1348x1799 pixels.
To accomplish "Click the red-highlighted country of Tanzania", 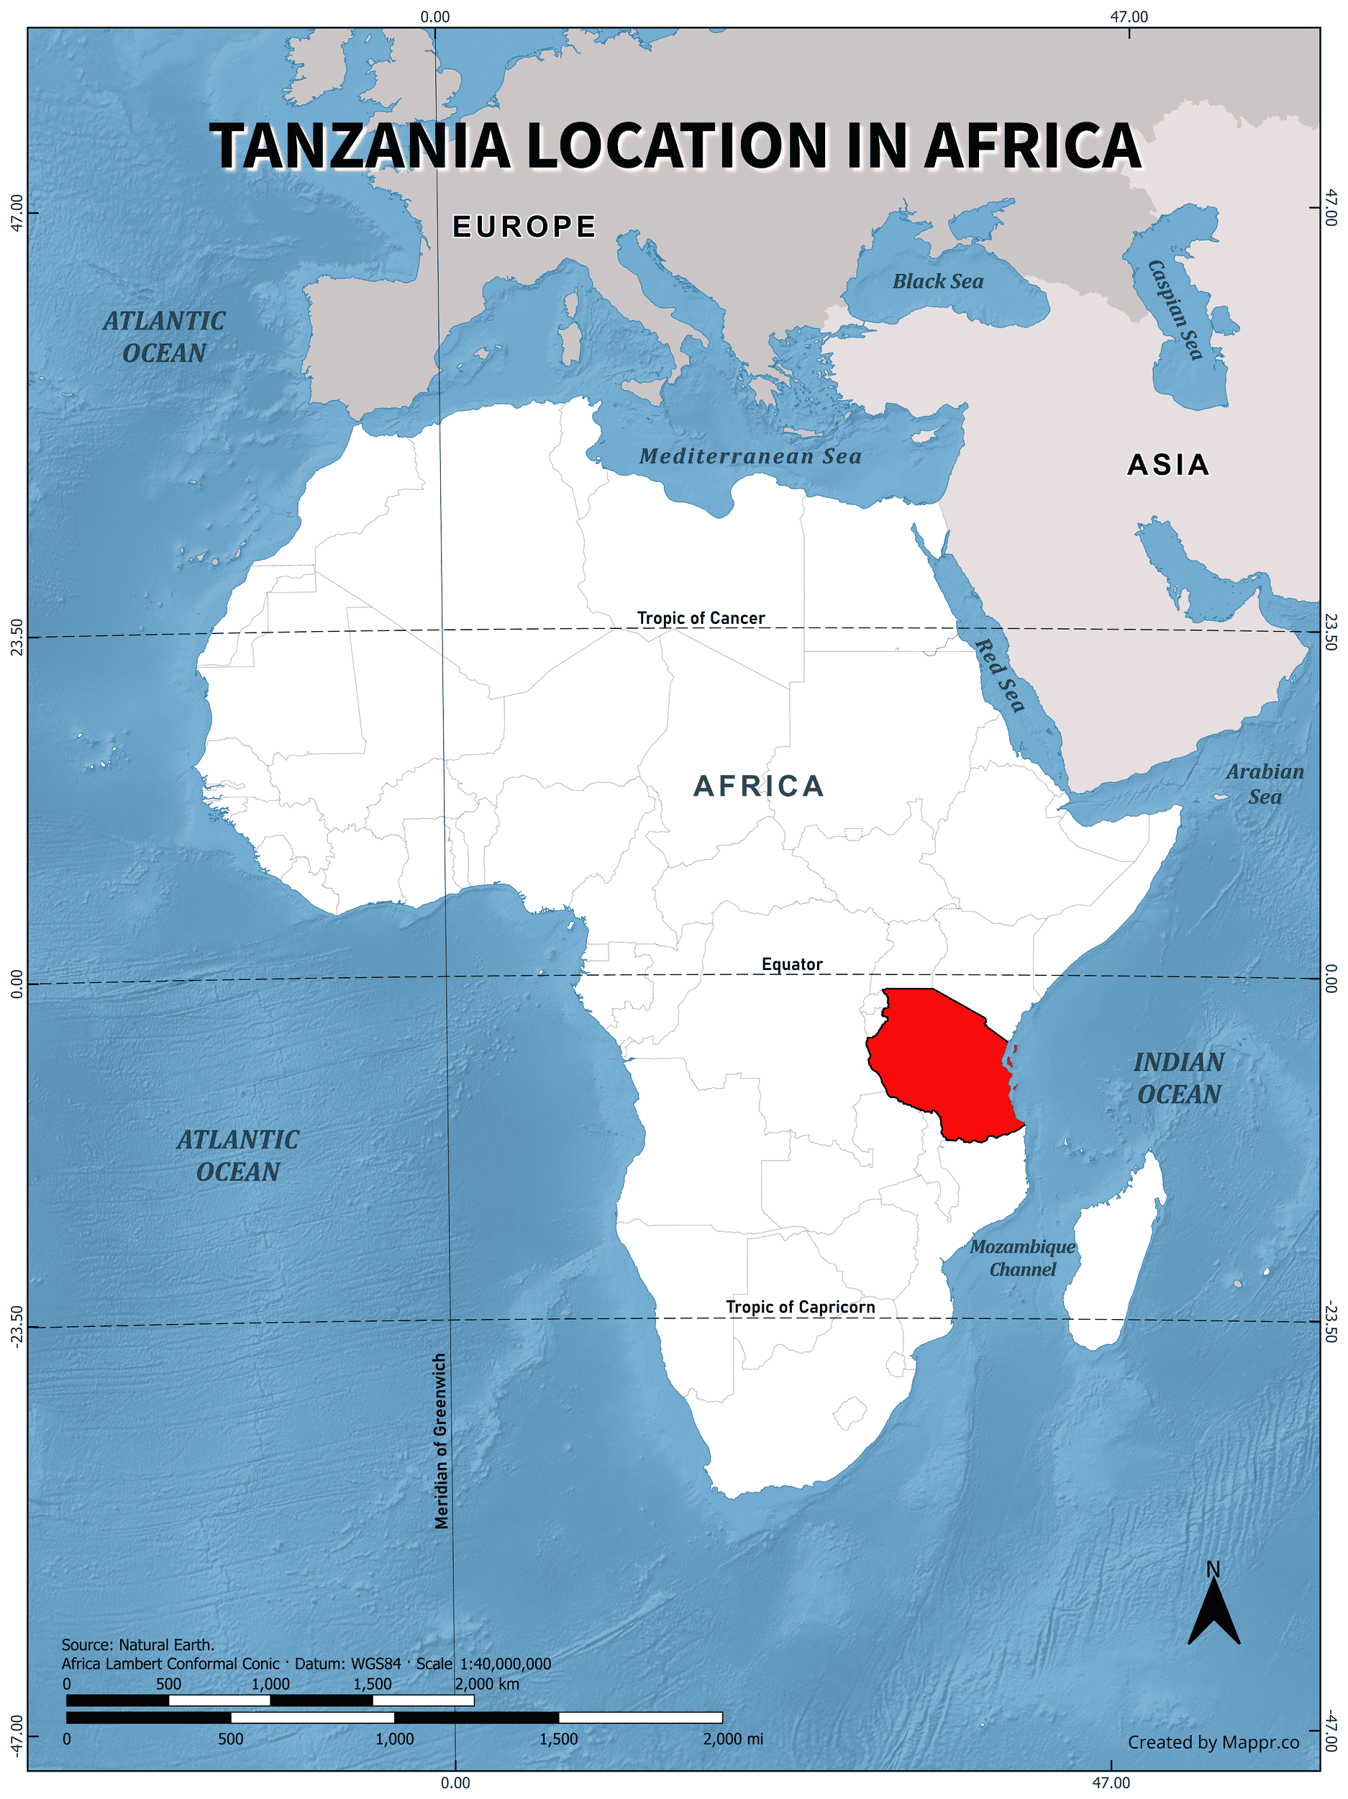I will (939, 1057).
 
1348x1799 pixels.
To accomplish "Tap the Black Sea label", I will (937, 281).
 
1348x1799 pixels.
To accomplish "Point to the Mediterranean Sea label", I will (750, 456).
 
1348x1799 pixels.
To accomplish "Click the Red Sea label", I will (999, 675).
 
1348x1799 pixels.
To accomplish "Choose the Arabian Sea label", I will (1265, 784).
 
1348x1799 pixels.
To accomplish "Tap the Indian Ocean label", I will (1179, 1079).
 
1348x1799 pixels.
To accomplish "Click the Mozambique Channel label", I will (1022, 1257).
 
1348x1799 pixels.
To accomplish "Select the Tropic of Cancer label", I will (700, 618).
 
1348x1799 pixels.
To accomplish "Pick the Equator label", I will (791, 964).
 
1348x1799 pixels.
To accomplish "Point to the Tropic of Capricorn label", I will (800, 1307).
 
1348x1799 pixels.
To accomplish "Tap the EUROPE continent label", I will (524, 227).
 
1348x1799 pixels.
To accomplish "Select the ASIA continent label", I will (1167, 465).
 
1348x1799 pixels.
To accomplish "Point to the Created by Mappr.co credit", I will (1213, 1742).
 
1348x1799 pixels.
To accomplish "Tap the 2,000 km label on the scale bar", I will (486, 1685).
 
